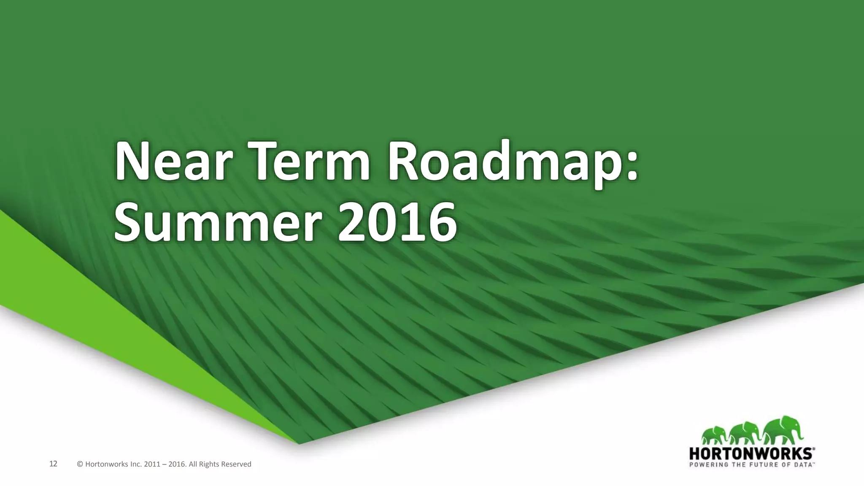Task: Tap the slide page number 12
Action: [53, 464]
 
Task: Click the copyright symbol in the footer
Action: [80, 464]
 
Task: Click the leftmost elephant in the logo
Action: [714, 435]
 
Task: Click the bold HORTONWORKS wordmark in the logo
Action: [751, 454]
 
